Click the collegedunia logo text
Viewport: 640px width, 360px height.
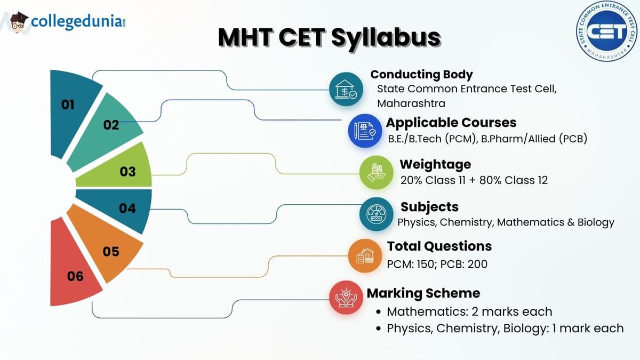tap(78, 22)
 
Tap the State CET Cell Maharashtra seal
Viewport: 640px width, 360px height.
tap(606, 31)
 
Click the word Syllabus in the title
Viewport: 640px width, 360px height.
tap(386, 38)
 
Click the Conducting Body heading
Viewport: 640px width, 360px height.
tap(421, 75)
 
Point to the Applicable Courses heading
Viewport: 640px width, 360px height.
tap(451, 123)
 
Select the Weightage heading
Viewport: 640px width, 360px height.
tap(435, 165)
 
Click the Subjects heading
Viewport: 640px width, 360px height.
tap(429, 207)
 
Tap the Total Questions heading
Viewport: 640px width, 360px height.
tap(439, 246)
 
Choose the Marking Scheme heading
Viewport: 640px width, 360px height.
tap(423, 293)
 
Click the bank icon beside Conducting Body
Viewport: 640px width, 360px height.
tap(346, 89)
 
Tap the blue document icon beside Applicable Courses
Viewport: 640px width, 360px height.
tap(365, 131)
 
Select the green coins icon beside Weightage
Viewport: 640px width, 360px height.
tap(377, 173)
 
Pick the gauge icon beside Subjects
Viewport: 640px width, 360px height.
tap(377, 214)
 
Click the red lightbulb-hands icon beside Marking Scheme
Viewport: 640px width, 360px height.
tap(346, 298)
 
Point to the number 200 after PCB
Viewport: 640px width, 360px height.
tap(477, 265)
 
